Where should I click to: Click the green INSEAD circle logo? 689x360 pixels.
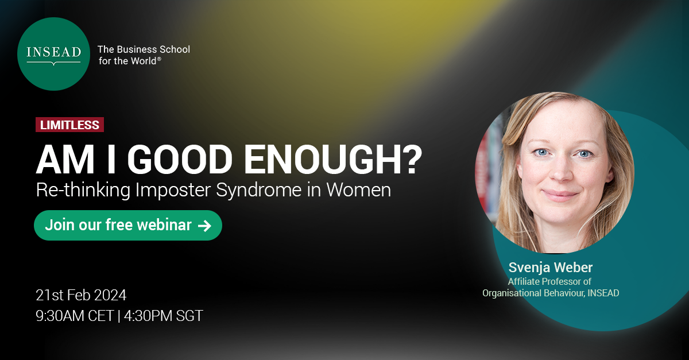point(53,53)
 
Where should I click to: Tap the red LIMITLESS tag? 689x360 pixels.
point(69,125)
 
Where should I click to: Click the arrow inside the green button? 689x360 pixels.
point(204,226)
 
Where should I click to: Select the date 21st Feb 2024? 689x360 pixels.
point(81,295)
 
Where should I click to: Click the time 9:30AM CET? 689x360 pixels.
point(75,316)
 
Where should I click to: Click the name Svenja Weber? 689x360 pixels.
point(551,268)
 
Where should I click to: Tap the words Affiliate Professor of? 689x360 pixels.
point(549,281)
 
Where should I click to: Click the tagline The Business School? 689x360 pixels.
point(144,49)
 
